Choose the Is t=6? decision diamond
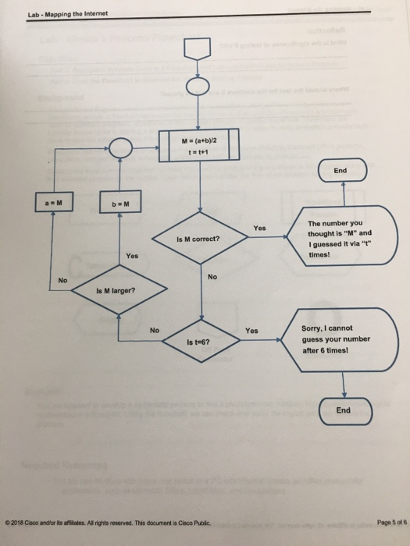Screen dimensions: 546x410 (200, 342)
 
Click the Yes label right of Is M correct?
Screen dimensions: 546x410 (260, 228)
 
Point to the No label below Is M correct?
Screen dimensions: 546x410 (212, 277)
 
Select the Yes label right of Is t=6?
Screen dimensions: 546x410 (251, 330)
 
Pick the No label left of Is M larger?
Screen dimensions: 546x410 (63, 280)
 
